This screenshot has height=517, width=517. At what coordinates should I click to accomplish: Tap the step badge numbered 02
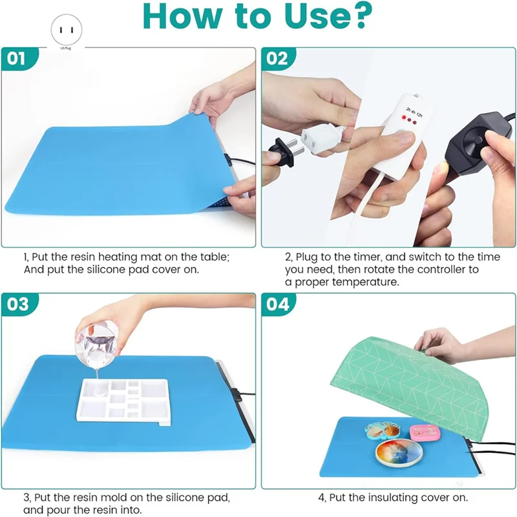(x=277, y=59)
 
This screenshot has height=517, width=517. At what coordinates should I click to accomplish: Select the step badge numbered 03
(x=18, y=304)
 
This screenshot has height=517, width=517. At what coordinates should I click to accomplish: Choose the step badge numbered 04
(x=277, y=304)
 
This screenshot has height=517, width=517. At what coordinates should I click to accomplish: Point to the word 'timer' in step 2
(x=359, y=257)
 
